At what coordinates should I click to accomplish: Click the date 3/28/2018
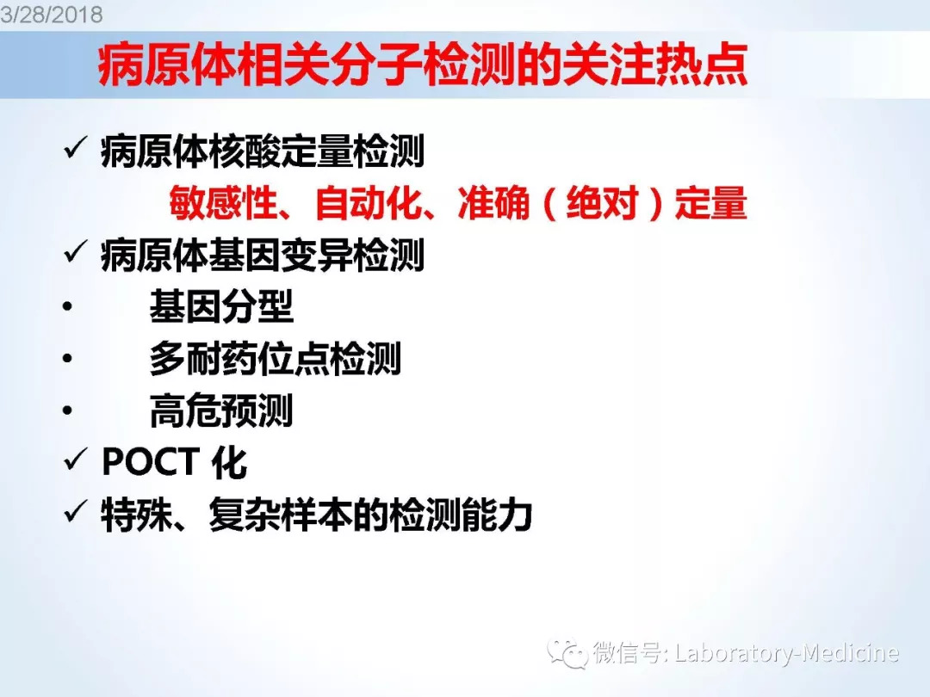click(52, 15)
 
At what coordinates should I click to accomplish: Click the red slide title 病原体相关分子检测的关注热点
click(422, 65)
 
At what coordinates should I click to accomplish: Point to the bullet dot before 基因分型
click(68, 306)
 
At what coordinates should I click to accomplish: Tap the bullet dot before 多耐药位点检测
click(68, 358)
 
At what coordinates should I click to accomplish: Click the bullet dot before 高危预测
click(68, 410)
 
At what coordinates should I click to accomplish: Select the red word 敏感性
click(224, 203)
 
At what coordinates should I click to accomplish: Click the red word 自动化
click(369, 203)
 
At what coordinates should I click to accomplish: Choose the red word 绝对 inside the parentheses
click(602, 203)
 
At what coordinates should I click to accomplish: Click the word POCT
click(151, 462)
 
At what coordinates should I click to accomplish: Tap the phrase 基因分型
click(221, 306)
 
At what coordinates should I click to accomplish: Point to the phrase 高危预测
click(221, 410)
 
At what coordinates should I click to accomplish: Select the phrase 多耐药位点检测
click(276, 359)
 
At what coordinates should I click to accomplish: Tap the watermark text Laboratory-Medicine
click(786, 653)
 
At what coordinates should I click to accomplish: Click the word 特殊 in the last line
click(137, 515)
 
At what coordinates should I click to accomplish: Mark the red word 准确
click(493, 203)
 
